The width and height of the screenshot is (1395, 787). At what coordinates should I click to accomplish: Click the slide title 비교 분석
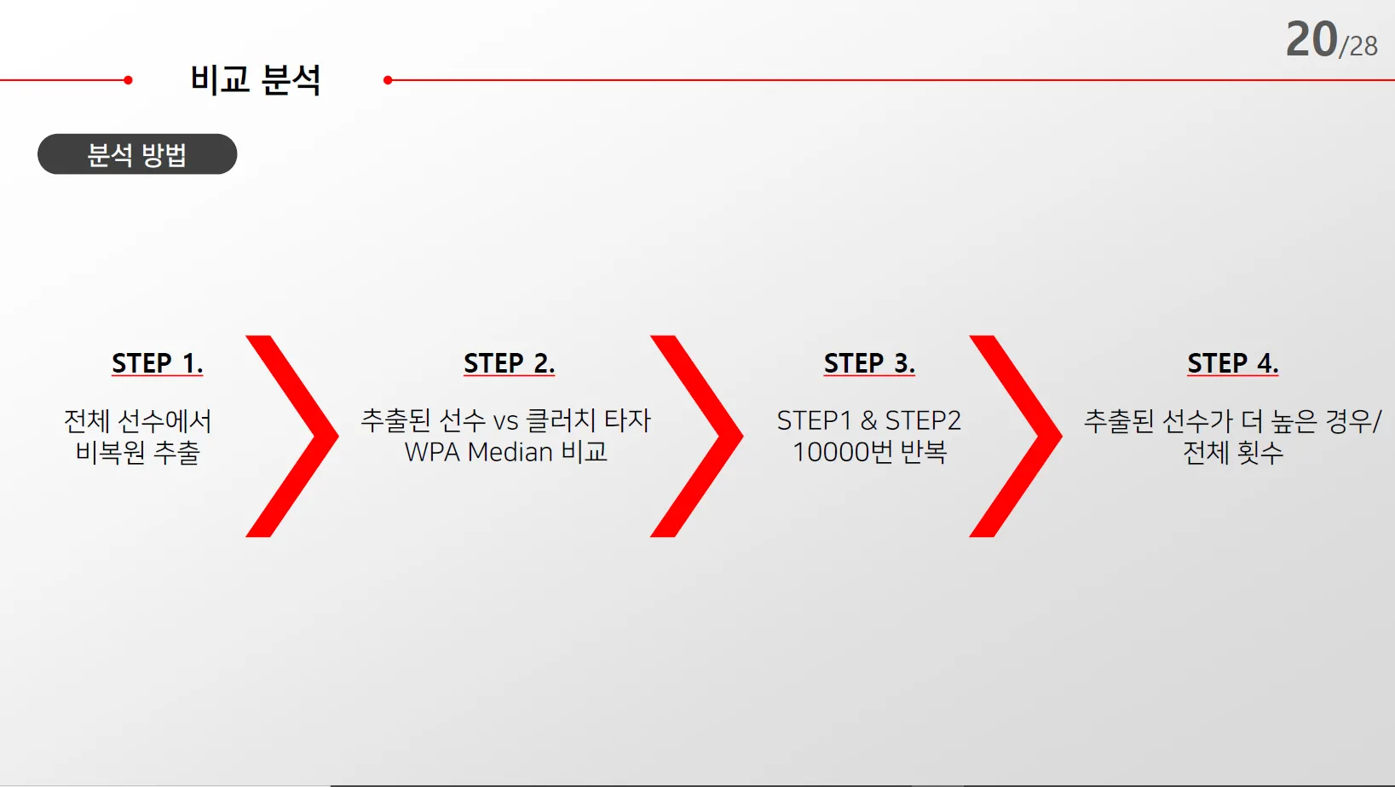click(255, 80)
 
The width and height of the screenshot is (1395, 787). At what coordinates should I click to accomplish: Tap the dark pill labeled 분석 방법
click(137, 154)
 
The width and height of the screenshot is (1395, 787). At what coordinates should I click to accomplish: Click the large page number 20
click(1311, 40)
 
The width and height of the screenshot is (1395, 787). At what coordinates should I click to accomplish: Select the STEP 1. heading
click(158, 363)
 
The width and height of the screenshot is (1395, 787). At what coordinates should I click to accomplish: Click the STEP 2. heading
click(509, 363)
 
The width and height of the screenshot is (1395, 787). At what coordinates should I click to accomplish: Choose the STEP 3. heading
click(869, 363)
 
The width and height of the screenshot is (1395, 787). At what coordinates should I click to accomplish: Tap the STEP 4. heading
click(1233, 363)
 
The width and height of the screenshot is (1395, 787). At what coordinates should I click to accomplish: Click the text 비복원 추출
click(137, 452)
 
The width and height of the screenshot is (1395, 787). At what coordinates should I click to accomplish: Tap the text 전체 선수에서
click(137, 420)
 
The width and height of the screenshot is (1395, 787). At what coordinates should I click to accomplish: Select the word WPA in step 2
click(433, 452)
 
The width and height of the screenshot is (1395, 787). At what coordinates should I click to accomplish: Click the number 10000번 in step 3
click(843, 452)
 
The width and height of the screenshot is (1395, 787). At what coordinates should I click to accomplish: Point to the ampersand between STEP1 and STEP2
click(868, 420)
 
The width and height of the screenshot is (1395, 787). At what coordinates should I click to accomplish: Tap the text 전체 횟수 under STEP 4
click(1233, 452)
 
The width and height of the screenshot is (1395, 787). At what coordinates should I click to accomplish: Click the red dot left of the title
click(128, 80)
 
